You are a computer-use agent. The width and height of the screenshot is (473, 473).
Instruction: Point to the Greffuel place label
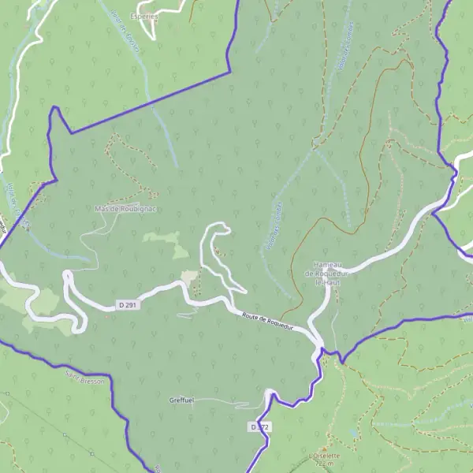181,400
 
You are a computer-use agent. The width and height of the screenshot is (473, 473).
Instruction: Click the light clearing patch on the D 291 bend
189,275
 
